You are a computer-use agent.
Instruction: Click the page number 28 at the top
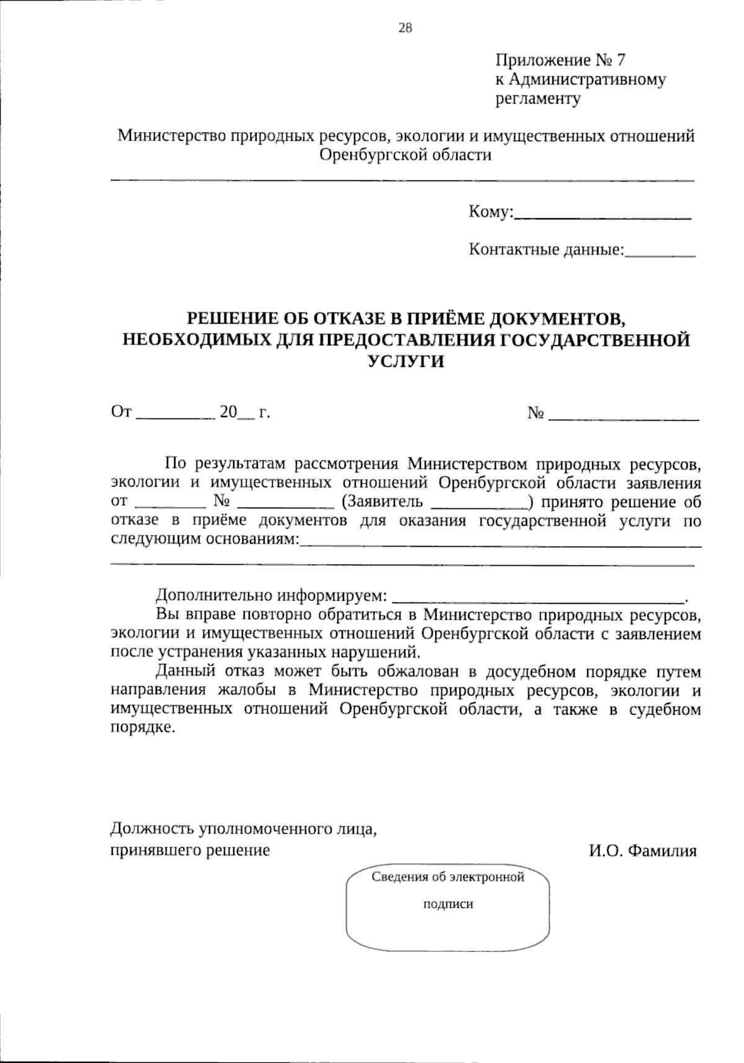405,27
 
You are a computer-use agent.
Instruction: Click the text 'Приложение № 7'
560,60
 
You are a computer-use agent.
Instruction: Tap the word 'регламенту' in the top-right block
538,99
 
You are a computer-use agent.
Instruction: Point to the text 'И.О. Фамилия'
643,850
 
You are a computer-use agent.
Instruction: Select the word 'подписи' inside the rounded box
448,904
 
